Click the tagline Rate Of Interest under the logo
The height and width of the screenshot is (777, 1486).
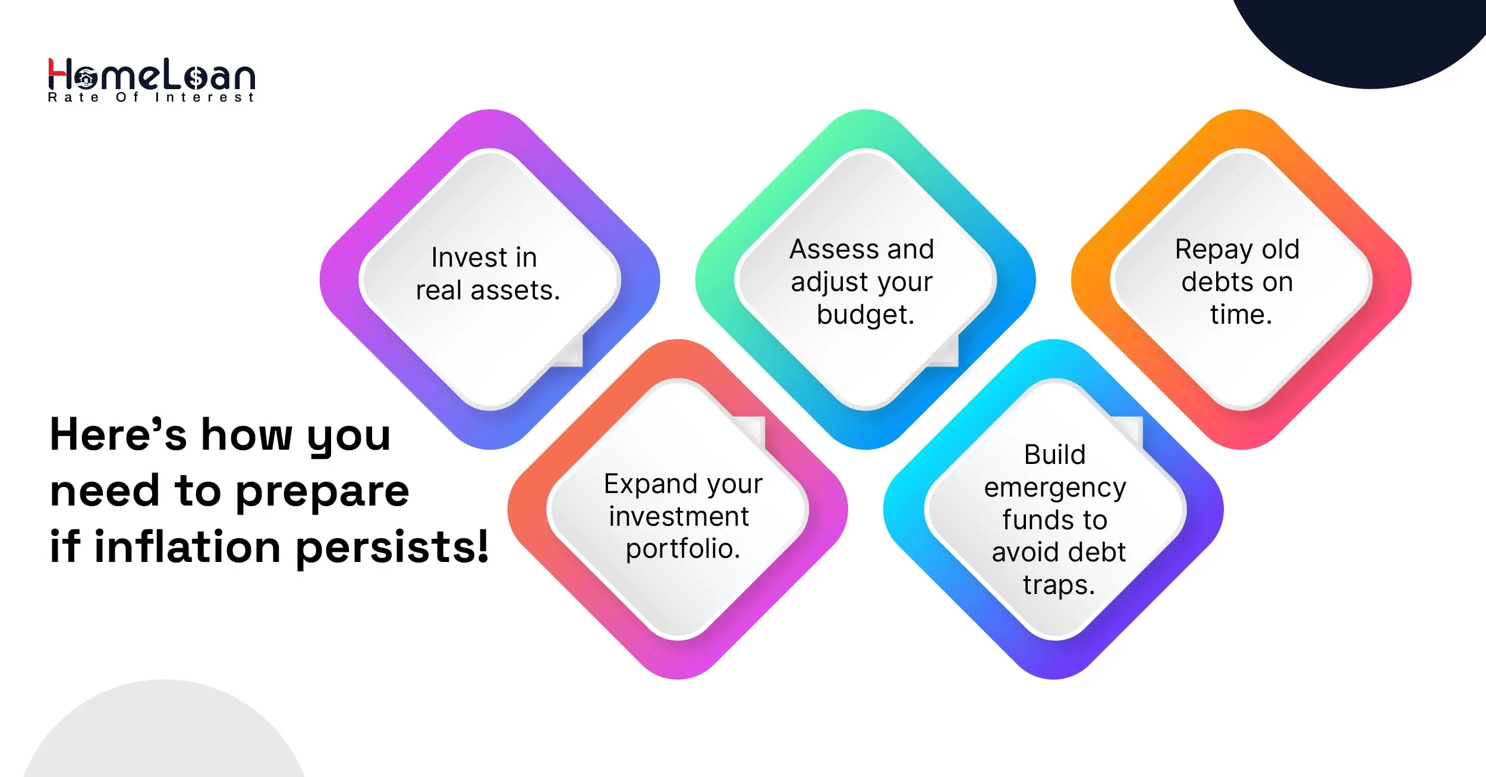(151, 97)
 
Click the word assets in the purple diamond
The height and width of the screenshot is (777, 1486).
(515, 291)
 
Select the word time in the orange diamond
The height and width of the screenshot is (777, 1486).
(1241, 315)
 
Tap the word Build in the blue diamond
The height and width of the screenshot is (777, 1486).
(1054, 455)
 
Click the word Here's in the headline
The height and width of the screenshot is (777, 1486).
(118, 434)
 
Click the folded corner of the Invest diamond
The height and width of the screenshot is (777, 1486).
(569, 352)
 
